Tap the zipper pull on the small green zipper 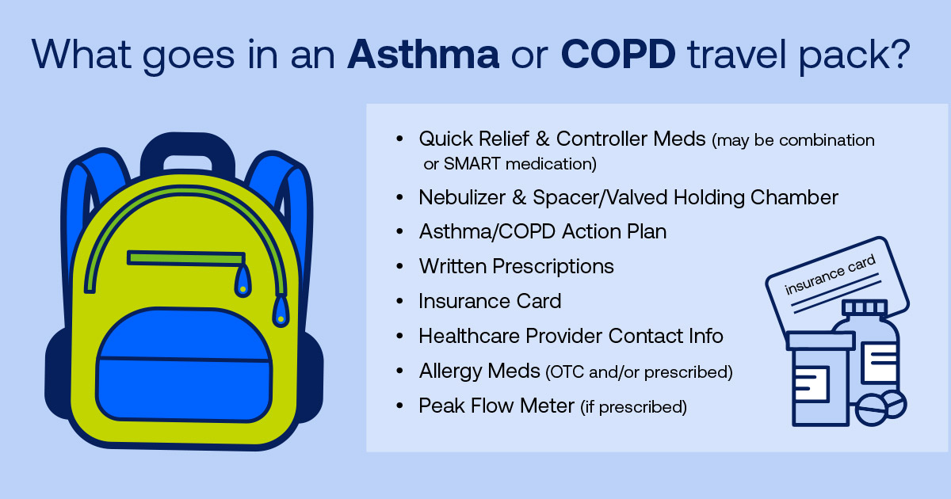[x=242, y=280]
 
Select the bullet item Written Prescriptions [x=516, y=267]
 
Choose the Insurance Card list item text [x=490, y=302]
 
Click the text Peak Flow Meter [x=496, y=406]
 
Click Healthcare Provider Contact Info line [x=571, y=337]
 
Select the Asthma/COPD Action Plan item [x=542, y=232]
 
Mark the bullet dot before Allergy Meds [x=400, y=371]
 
